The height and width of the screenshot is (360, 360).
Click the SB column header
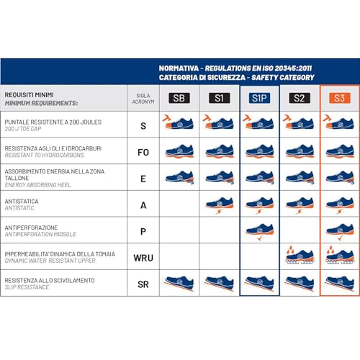click(179, 99)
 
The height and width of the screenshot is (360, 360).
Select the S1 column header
click(219, 99)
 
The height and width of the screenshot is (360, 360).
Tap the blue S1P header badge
click(258, 99)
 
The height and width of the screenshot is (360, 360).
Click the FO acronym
click(143, 152)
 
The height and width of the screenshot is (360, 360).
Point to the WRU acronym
click(143, 257)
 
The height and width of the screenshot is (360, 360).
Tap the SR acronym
click(143, 283)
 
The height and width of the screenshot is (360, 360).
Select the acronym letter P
click(143, 230)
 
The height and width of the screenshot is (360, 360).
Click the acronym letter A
click(143, 204)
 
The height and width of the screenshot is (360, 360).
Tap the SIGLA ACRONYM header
click(143, 99)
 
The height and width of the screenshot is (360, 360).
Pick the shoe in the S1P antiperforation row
click(258, 230)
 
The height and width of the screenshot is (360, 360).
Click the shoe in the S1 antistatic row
click(219, 204)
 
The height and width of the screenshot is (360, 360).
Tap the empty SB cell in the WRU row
click(179, 257)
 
